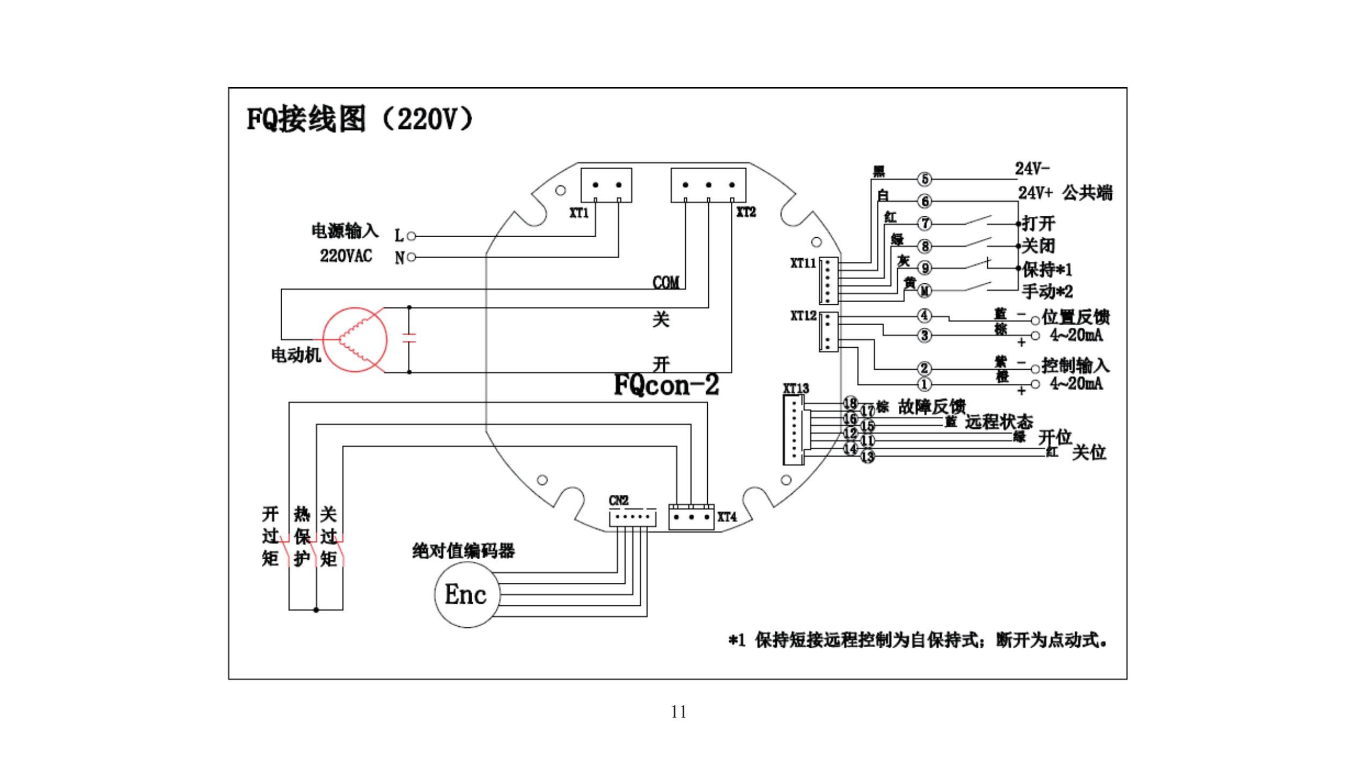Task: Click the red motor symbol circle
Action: pos(354,339)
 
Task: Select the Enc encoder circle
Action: pos(466,595)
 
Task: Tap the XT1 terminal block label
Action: pos(578,213)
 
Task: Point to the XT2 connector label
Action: pos(746,212)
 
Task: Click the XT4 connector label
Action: pos(727,517)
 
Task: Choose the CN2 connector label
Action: pos(618,500)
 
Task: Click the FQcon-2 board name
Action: pos(666,385)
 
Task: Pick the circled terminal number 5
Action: pos(925,179)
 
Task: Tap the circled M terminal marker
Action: pos(925,291)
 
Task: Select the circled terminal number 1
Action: pos(924,384)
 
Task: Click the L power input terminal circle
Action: pos(412,236)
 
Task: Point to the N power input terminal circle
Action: pos(412,257)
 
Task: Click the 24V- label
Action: pos(1031,169)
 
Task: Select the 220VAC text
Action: pos(346,256)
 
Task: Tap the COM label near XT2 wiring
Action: pos(665,282)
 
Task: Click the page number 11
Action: pos(678,712)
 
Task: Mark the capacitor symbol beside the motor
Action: pos(409,338)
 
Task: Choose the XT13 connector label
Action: pos(795,388)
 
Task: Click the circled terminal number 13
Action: pos(867,457)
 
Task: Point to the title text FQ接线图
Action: pos(306,119)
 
